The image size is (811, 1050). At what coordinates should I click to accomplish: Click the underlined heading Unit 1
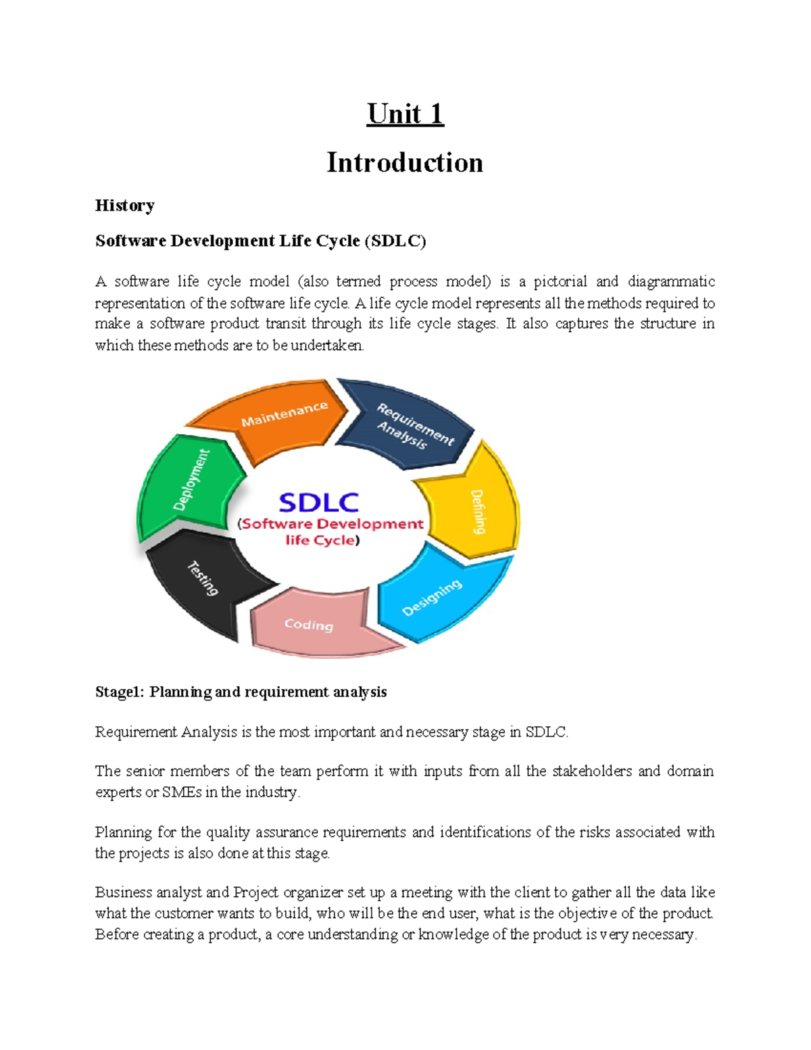coord(405,114)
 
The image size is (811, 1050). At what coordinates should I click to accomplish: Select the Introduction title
coord(405,162)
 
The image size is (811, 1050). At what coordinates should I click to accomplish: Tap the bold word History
coord(124,206)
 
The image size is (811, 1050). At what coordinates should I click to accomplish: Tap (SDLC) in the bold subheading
coord(395,241)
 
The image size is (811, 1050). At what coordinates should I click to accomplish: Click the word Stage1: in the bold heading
coord(120,692)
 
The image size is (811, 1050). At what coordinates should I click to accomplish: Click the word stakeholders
coord(592,771)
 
